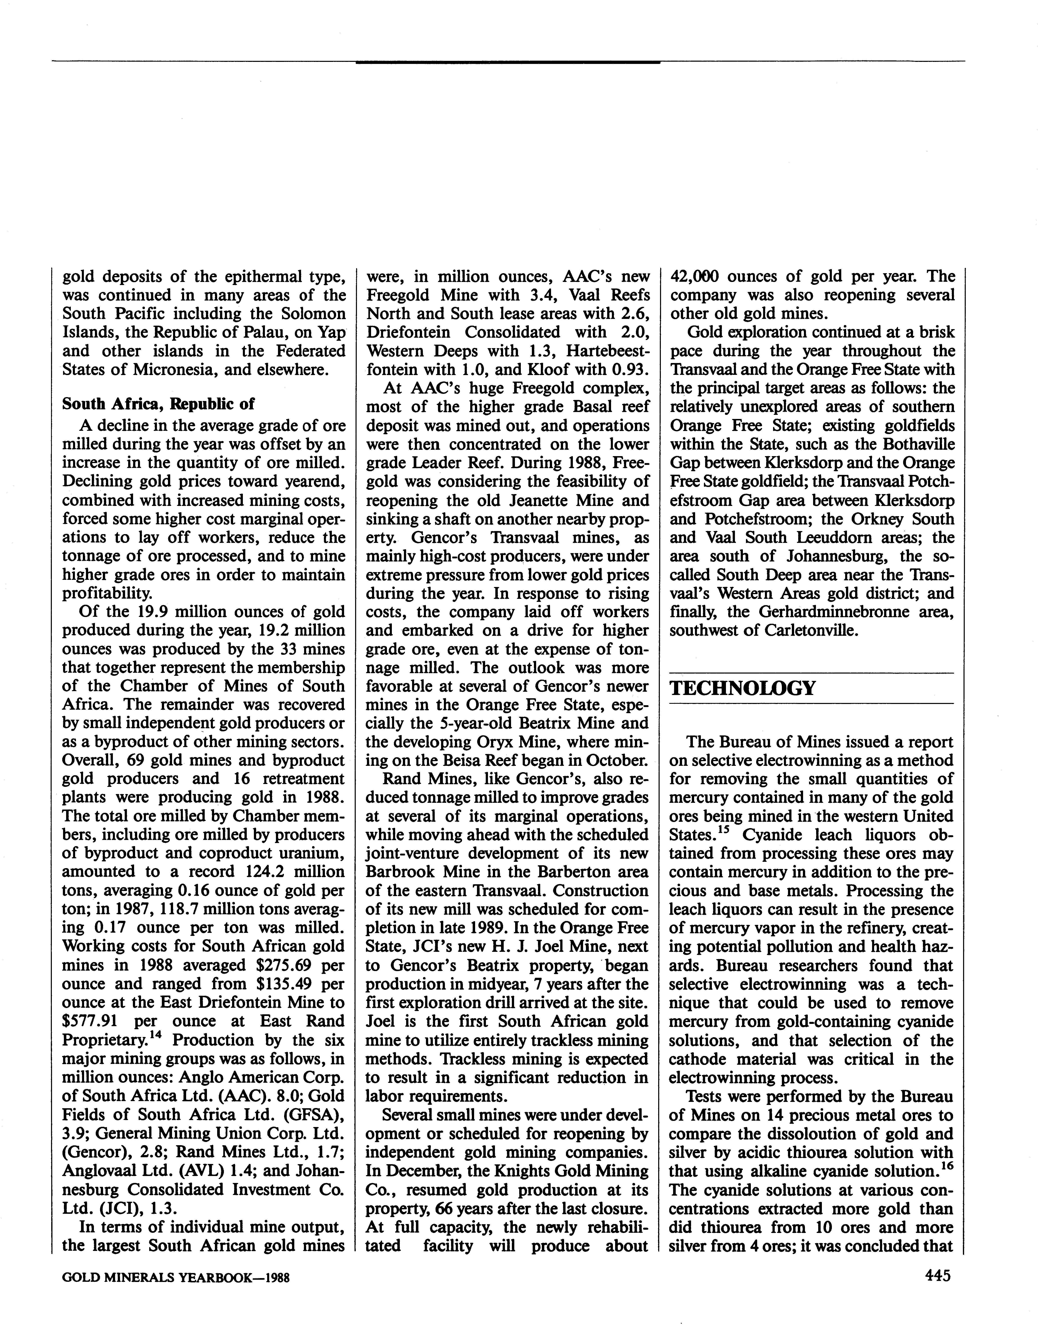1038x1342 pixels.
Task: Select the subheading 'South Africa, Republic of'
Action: click(158, 404)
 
